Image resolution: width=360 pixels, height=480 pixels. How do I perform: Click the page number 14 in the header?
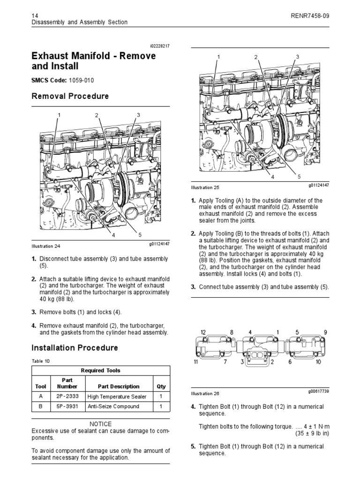[x=34, y=15]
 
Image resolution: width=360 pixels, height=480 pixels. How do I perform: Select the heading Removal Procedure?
[x=70, y=96]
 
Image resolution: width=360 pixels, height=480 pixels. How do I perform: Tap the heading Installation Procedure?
[x=75, y=348]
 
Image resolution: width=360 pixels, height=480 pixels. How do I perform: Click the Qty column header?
[x=161, y=386]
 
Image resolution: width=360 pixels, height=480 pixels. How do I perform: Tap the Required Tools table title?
[x=101, y=370]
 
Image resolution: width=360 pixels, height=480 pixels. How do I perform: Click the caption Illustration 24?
[x=46, y=246]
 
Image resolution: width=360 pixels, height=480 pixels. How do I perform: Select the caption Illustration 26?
[x=205, y=393]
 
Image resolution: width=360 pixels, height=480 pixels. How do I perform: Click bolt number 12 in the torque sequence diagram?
[x=203, y=332]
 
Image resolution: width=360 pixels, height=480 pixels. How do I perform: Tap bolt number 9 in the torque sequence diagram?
[x=325, y=332]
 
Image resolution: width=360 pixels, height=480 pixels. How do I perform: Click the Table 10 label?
[x=40, y=361]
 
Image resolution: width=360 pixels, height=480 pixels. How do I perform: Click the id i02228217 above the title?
[x=159, y=46]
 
